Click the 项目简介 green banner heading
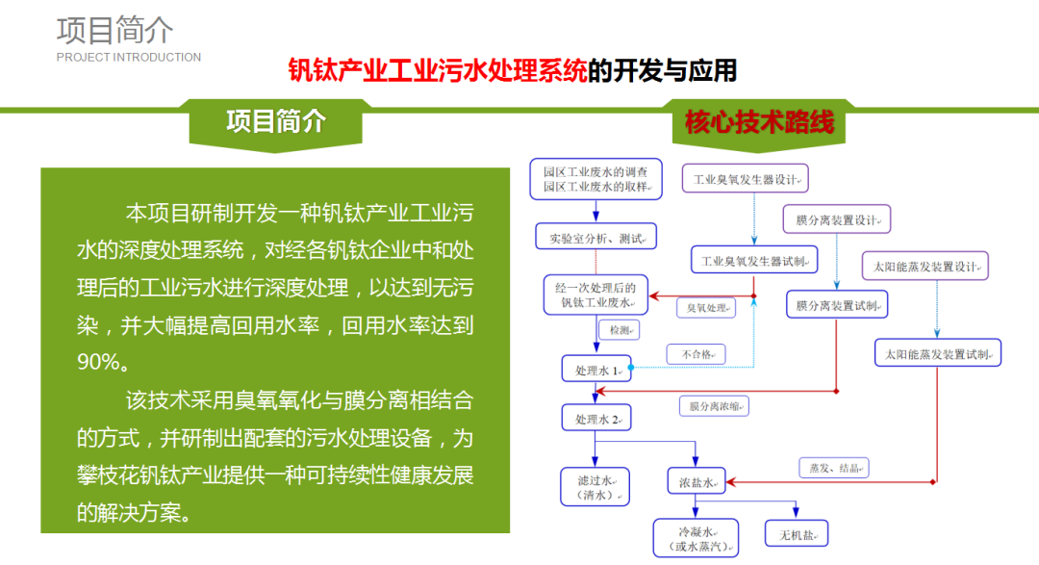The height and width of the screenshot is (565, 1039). click(276, 121)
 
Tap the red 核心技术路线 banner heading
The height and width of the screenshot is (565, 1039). click(759, 122)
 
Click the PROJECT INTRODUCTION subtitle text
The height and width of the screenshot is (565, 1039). click(129, 58)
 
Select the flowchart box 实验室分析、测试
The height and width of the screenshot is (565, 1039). click(596, 237)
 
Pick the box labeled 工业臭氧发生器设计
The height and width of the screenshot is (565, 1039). click(746, 179)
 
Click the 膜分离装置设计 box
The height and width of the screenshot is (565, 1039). click(837, 219)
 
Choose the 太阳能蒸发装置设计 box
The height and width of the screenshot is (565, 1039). click(925, 266)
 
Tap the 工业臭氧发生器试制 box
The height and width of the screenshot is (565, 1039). click(754, 260)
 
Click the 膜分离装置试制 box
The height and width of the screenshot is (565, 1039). click(837, 305)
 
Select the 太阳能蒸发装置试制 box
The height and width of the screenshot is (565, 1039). click(938, 353)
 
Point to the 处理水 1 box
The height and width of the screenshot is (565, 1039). click(596, 370)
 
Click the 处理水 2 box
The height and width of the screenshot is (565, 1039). click(596, 419)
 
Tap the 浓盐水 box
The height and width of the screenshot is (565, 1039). click(697, 482)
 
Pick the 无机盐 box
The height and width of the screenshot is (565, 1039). click(797, 534)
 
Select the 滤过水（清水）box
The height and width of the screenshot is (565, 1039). click(596, 487)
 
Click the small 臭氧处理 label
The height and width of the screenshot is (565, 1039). click(706, 308)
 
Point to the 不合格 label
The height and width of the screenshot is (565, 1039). click(696, 355)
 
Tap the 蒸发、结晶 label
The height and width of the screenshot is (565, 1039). click(834, 468)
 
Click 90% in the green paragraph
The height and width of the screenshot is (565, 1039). click(99, 361)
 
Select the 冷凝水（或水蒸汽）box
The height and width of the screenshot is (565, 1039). click(696, 538)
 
